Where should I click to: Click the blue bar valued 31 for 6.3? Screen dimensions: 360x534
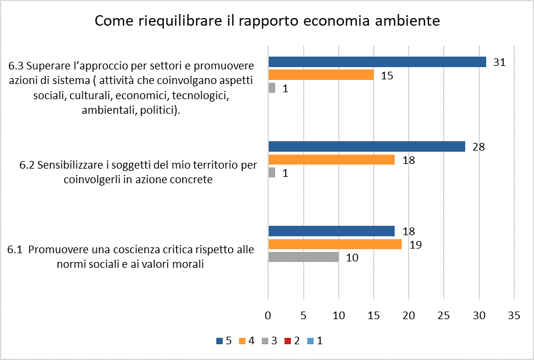click(377, 62)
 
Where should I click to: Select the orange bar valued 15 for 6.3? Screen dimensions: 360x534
click(321, 75)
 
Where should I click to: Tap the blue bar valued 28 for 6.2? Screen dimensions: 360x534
click(366, 146)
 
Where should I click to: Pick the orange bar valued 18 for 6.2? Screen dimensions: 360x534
click(331, 160)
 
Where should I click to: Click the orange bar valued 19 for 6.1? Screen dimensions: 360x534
click(335, 244)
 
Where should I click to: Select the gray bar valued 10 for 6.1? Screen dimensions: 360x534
click(303, 257)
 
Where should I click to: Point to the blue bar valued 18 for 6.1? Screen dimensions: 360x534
click(331, 230)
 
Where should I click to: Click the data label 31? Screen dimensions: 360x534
click(498, 62)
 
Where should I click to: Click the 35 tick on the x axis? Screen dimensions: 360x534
click(514, 316)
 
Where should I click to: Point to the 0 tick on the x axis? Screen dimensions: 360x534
click(268, 316)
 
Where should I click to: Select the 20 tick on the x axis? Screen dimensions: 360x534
click(409, 316)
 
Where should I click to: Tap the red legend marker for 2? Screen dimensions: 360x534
click(286, 341)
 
